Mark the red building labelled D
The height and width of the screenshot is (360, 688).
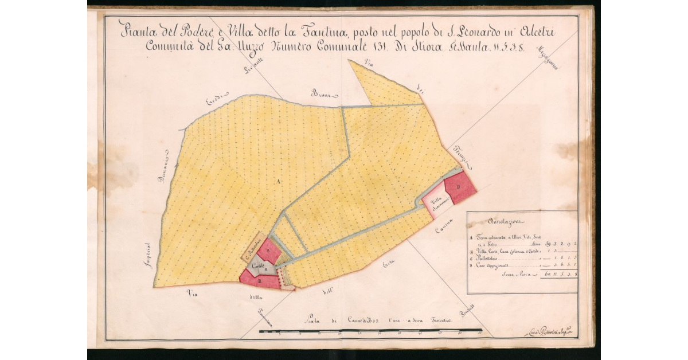pyautogui.click(x=460, y=187)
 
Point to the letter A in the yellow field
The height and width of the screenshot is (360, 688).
pyautogui.click(x=279, y=181)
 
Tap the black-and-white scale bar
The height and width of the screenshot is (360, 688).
pyautogui.click(x=370, y=331)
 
